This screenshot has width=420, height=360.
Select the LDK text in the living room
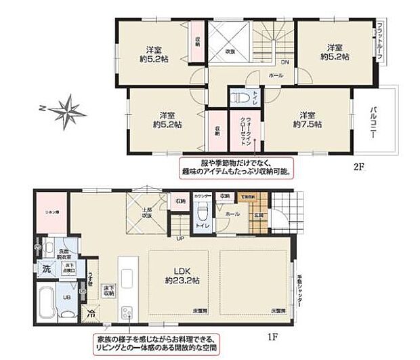(x=179, y=271)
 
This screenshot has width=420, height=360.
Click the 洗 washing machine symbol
(x=47, y=268)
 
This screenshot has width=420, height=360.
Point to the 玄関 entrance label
(x=259, y=216)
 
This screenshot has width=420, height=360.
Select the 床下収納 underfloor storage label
(x=108, y=292)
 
